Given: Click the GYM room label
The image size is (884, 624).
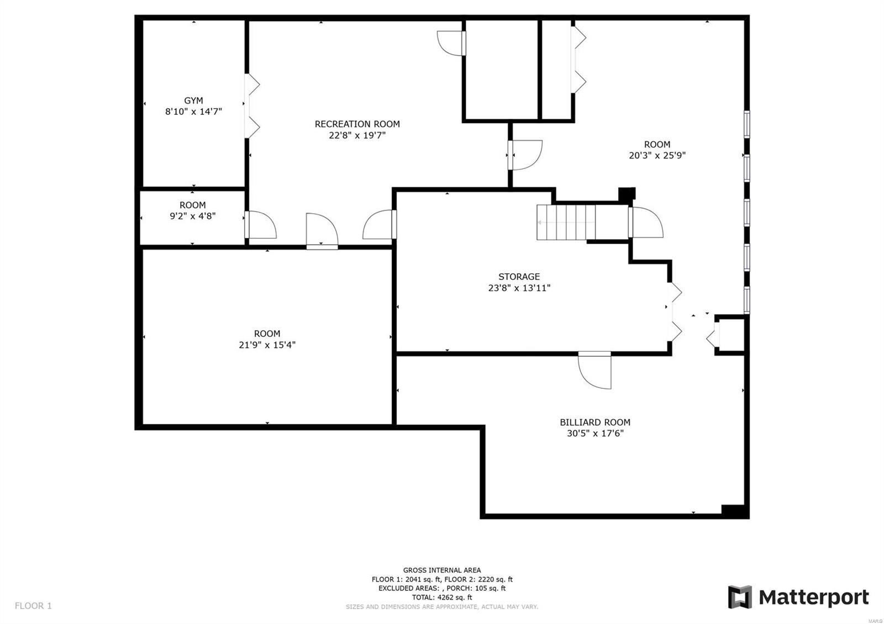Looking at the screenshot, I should (x=193, y=101).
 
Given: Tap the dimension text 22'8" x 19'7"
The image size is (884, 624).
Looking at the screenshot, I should (x=357, y=135).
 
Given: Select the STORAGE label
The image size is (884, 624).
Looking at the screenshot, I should (x=519, y=277).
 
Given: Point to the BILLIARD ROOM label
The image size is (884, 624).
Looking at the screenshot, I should (x=595, y=422).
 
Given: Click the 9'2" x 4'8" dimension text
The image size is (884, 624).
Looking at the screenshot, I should (x=192, y=216).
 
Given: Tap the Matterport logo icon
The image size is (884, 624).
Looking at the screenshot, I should (x=740, y=597).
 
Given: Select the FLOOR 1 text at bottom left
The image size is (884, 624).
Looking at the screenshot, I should (x=33, y=606).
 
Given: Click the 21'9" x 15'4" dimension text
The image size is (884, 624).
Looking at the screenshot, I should (x=267, y=345).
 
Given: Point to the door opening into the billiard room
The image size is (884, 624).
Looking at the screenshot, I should (x=595, y=370).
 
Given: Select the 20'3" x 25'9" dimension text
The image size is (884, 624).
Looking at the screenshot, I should (x=657, y=156).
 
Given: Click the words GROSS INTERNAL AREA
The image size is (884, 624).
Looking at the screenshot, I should (x=442, y=570).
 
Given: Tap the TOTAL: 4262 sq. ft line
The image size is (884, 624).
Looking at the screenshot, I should (x=442, y=597).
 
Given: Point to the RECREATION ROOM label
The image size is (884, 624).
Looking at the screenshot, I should (x=357, y=124).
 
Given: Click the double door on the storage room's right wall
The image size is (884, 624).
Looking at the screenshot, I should (x=675, y=312).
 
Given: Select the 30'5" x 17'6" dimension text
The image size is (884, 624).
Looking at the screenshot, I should (x=595, y=433).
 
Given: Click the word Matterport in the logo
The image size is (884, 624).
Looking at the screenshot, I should (x=813, y=597).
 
